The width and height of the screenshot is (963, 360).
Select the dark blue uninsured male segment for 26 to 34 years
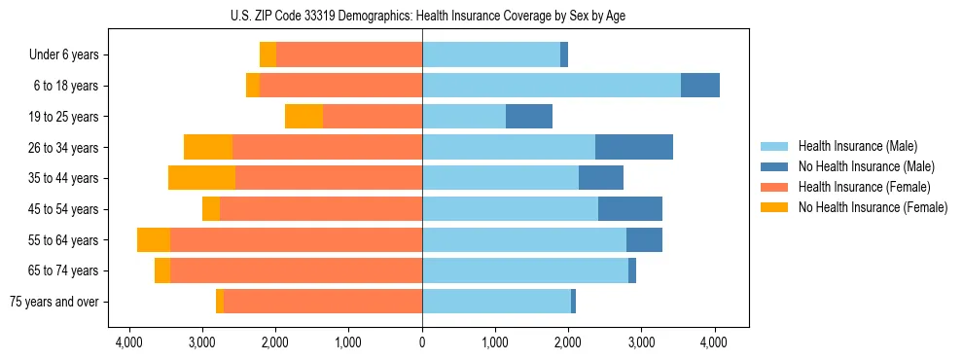click(633, 147)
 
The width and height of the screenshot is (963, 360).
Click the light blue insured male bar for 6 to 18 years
click(551, 86)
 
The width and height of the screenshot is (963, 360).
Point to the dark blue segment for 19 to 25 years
click(529, 117)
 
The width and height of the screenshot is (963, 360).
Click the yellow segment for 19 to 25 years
click(303, 117)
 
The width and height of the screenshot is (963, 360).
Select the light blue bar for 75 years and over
click(496, 302)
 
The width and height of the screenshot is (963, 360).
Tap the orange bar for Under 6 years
click(349, 54)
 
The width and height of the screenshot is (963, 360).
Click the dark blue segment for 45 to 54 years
click(629, 209)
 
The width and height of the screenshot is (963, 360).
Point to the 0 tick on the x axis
click(422, 342)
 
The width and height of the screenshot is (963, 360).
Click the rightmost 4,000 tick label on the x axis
click(715, 342)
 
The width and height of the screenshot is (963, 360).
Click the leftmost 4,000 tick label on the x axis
click(128, 342)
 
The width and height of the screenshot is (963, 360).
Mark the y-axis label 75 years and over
click(54, 302)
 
